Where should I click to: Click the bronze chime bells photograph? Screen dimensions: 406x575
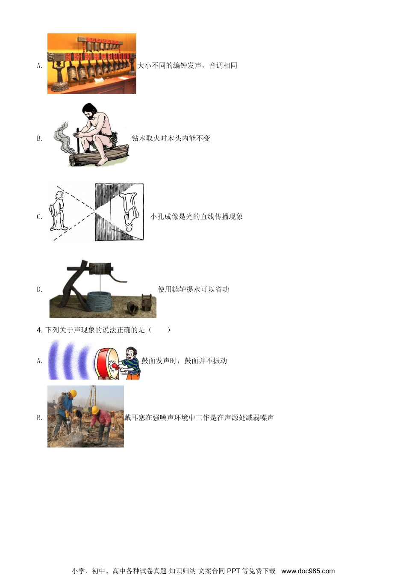(91, 64)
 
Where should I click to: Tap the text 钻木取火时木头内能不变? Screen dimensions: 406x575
(171, 138)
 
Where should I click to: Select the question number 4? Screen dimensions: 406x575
(39, 330)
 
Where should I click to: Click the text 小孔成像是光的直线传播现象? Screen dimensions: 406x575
(197, 216)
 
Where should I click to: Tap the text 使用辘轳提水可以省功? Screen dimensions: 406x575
(193, 289)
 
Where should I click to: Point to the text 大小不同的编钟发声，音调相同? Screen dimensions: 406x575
(187, 66)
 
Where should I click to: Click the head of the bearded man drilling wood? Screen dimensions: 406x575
(89, 111)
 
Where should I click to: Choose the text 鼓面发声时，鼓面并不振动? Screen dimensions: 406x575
(184, 361)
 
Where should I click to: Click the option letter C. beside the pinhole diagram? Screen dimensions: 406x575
(39, 217)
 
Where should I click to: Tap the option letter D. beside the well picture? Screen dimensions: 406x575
(39, 290)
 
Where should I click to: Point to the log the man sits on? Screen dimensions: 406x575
(98, 156)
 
